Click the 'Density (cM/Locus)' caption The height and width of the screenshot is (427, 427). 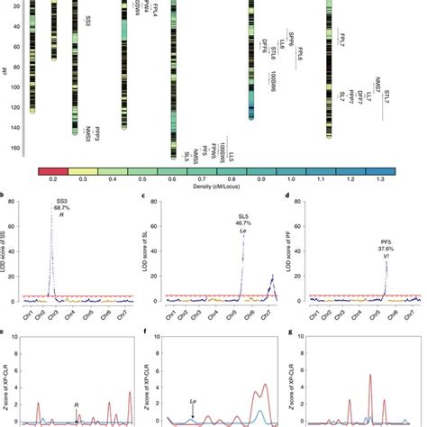click(213, 190)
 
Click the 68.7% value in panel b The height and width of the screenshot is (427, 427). click(61, 208)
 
